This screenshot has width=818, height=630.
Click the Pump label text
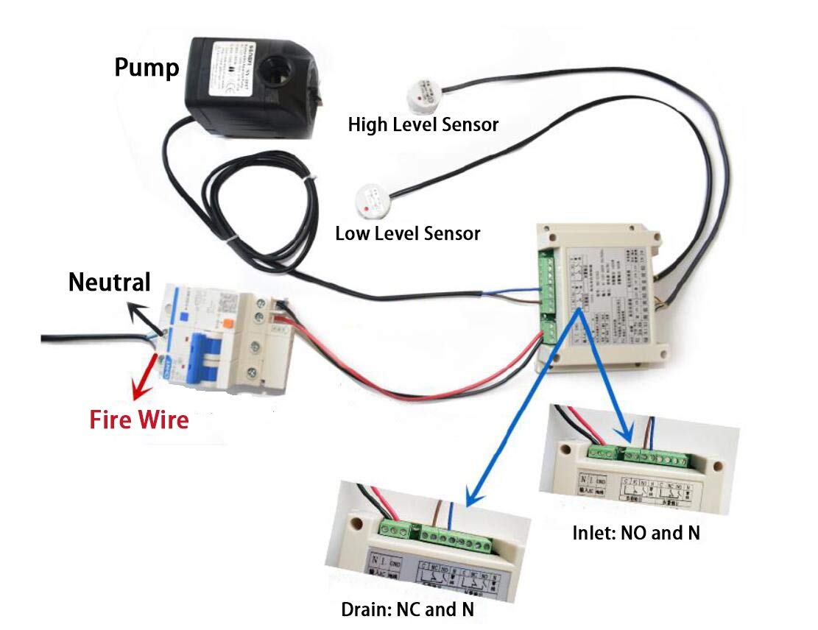click(147, 68)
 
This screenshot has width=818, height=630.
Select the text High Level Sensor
click(423, 124)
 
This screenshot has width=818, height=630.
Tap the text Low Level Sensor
click(407, 234)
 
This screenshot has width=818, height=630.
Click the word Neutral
click(109, 282)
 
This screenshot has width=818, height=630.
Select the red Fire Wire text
click(139, 420)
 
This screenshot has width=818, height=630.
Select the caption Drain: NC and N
click(407, 609)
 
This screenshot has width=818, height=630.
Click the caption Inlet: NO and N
click(635, 534)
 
